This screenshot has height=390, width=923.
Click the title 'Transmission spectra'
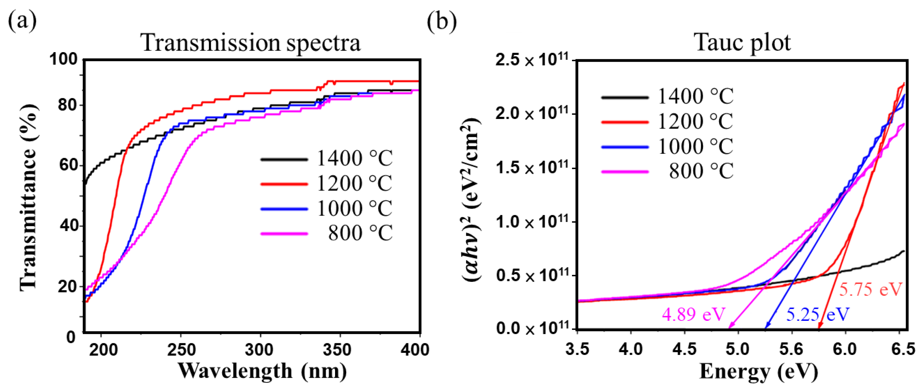coord(252,43)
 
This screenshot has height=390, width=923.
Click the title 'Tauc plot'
coord(743,43)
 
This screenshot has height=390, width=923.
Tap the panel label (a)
coord(22,21)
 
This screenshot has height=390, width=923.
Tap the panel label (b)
coord(442,21)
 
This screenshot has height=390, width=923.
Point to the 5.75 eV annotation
coord(871,289)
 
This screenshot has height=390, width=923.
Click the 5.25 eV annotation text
coord(818,314)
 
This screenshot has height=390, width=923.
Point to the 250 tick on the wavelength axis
coord(181,350)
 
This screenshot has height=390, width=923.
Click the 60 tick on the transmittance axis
coord(68,165)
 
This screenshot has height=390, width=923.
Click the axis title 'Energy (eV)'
coord(759,371)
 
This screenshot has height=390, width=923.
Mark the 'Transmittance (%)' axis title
coord(29,197)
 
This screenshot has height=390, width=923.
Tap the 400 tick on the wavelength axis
coord(415,350)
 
